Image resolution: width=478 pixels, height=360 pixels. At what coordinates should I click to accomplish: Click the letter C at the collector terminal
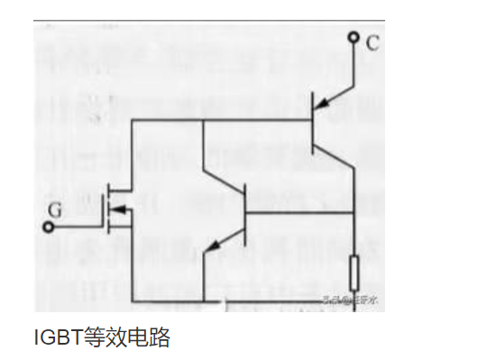point(372,42)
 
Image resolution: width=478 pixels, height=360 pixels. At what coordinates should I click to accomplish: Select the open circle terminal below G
point(46,225)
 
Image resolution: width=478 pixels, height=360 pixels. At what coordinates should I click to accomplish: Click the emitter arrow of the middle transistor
point(216,243)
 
